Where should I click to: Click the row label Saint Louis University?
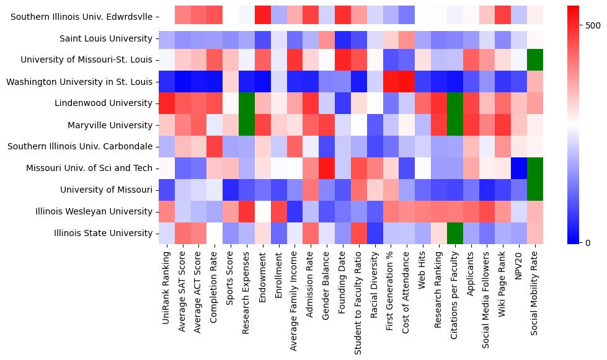tap(106, 39)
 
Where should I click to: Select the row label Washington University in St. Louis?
tap(79, 82)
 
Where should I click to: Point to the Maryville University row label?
tap(109, 125)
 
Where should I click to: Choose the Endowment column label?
tap(264, 270)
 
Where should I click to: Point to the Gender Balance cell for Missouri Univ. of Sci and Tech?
tap(327, 168)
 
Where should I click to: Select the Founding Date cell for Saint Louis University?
tap(343, 39)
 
